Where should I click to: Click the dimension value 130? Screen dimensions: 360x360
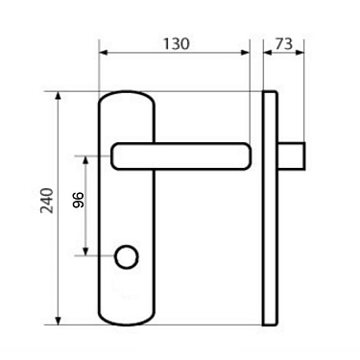(x=175, y=44)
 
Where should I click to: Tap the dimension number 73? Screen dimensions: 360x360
(x=283, y=44)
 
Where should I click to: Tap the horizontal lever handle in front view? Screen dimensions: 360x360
(x=182, y=154)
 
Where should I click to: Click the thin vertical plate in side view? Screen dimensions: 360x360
(x=271, y=211)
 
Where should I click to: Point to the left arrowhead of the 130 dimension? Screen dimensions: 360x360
(x=103, y=54)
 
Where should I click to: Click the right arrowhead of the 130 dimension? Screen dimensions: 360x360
(x=244, y=54)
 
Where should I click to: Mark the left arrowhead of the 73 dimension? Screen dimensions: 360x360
(x=266, y=54)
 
